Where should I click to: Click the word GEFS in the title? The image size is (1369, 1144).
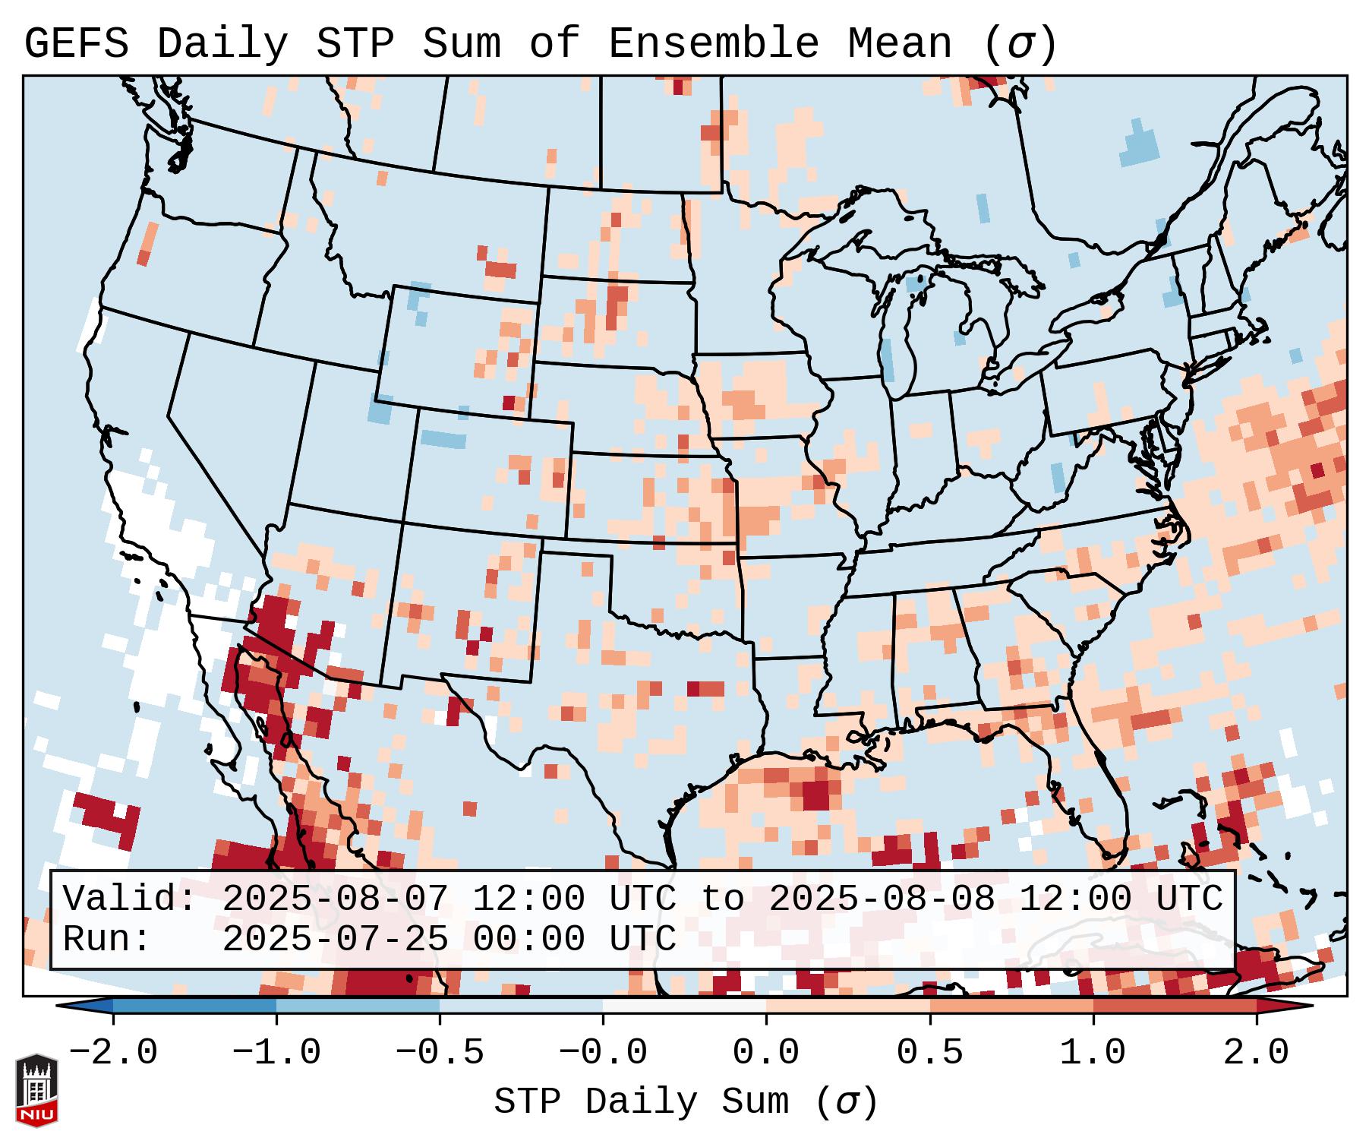(x=76, y=43)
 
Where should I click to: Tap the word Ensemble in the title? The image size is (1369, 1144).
(x=713, y=43)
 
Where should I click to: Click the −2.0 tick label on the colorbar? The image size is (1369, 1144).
(x=113, y=1053)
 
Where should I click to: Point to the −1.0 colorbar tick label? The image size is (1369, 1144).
(x=276, y=1053)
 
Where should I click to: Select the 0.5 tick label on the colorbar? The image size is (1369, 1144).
(x=929, y=1053)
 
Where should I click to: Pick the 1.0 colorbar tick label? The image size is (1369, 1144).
(x=1093, y=1053)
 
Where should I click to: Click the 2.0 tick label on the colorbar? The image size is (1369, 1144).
(x=1256, y=1053)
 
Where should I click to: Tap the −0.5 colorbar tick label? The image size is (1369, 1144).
(x=440, y=1053)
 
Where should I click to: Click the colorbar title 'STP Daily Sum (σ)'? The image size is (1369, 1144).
(x=686, y=1101)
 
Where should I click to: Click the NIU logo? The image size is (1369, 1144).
(x=36, y=1090)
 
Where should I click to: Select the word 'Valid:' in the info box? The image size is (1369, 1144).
(x=130, y=899)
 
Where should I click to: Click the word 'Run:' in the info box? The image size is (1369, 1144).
(x=107, y=940)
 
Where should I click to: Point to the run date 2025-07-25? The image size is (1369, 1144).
(x=335, y=940)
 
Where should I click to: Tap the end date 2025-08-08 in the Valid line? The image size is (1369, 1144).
(x=882, y=899)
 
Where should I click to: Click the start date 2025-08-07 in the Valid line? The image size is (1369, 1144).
(x=335, y=899)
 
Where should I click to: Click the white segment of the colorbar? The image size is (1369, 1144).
(x=684, y=1006)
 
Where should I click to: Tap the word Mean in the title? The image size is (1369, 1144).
(x=899, y=43)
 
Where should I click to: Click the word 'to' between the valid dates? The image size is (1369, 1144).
(x=722, y=899)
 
